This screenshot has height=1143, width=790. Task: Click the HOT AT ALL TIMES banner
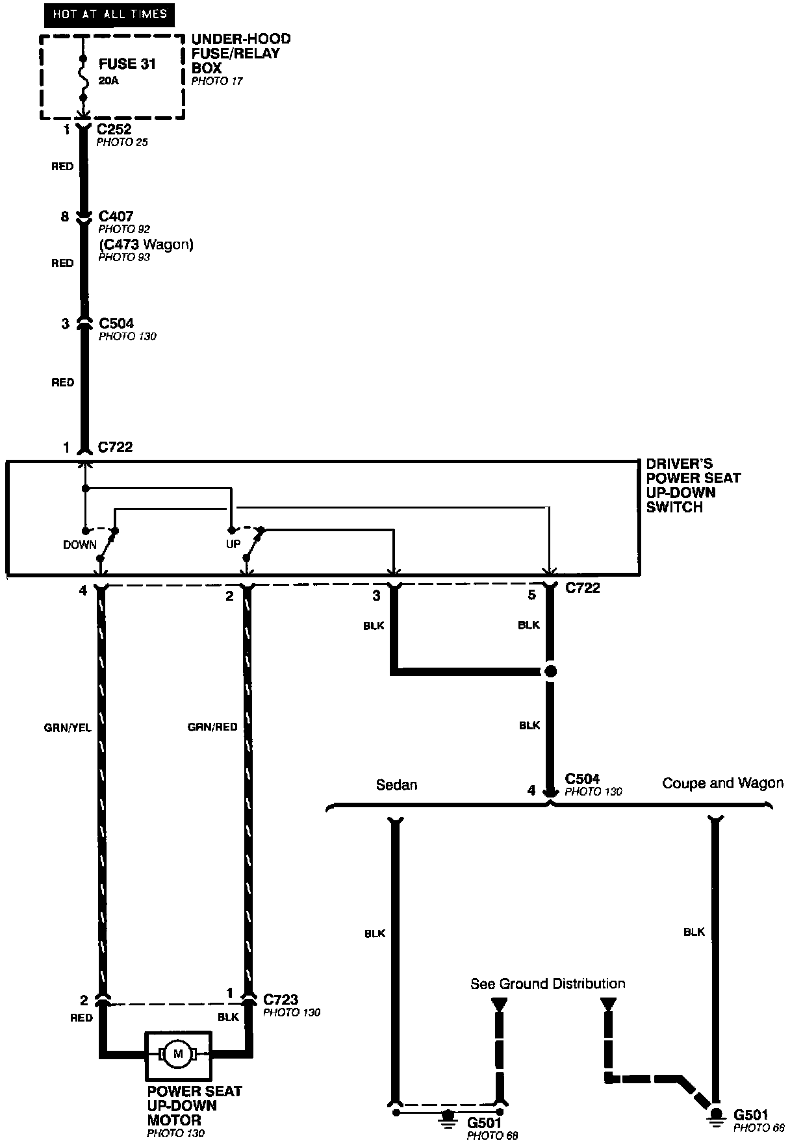click(x=109, y=14)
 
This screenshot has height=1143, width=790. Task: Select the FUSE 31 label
click(x=127, y=64)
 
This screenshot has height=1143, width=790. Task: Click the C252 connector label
click(x=114, y=129)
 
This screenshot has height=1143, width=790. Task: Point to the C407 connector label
click(x=116, y=216)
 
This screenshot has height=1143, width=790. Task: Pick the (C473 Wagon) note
click(x=146, y=244)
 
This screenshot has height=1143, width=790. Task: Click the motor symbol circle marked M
click(x=177, y=1053)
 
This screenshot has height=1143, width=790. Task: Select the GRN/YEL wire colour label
click(x=68, y=728)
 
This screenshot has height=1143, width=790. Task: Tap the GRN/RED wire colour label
click(x=212, y=727)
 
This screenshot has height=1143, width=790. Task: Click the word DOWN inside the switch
click(x=80, y=545)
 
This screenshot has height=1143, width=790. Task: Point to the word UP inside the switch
click(x=233, y=544)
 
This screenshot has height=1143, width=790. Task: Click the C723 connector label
click(x=281, y=999)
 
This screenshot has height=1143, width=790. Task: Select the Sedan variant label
click(x=396, y=785)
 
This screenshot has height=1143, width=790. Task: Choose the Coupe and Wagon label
click(x=722, y=783)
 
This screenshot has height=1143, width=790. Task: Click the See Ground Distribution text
click(x=548, y=984)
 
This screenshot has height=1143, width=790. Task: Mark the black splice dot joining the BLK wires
click(x=550, y=672)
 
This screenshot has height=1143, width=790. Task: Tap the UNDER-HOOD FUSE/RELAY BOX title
click(x=240, y=53)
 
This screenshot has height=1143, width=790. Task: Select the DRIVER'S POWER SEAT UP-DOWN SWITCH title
click(x=693, y=485)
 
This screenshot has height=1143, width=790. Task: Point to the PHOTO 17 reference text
click(x=217, y=81)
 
